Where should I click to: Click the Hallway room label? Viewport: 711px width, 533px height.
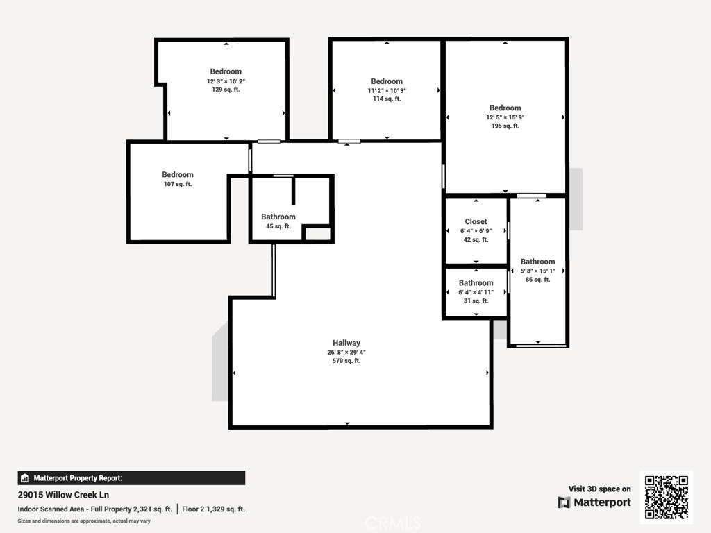(346, 343)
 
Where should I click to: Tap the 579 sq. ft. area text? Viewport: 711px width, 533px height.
(346, 361)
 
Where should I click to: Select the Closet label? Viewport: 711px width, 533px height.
(476, 222)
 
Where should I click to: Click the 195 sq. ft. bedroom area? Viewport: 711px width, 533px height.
(505, 126)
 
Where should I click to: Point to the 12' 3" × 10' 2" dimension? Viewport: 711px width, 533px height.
(226, 81)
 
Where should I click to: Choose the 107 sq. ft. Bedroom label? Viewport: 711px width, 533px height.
(178, 175)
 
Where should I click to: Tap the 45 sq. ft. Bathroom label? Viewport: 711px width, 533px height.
(278, 217)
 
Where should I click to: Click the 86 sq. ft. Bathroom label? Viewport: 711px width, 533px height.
(537, 262)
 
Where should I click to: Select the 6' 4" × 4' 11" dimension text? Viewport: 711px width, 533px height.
(476, 292)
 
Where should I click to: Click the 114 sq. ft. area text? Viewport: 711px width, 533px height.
(387, 99)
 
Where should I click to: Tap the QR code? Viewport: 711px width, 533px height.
(667, 497)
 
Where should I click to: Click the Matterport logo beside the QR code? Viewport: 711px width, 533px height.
(594, 502)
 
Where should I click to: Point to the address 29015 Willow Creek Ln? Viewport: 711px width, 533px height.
(63, 495)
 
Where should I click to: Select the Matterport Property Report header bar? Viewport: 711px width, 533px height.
(131, 477)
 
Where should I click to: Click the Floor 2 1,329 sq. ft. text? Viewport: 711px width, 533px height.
(213, 509)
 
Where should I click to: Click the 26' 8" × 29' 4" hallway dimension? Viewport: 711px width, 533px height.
(346, 352)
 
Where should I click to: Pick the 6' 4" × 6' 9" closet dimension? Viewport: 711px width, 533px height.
(476, 231)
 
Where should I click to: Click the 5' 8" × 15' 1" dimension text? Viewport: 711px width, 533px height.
(537, 271)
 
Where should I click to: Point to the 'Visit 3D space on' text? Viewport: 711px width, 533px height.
(599, 489)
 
